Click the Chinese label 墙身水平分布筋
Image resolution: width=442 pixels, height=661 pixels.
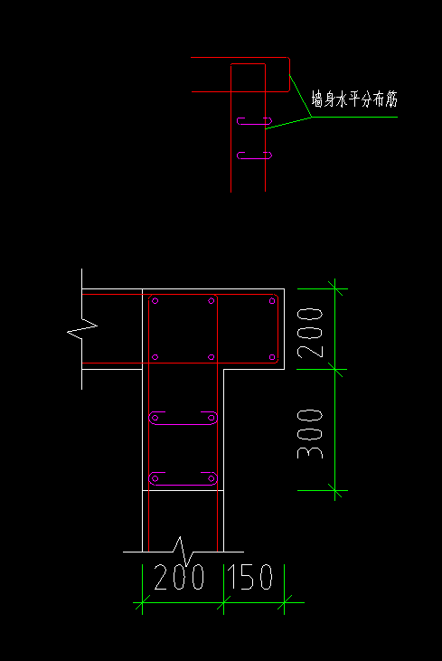(354, 99)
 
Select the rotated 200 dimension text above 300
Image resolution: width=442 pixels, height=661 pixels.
(310, 333)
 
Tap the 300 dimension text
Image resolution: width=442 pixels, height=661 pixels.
(310, 434)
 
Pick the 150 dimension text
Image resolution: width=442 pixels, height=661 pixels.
(249, 577)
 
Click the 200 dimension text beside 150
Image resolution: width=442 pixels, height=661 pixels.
(179, 577)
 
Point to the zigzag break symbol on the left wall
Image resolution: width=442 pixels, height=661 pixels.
(82, 329)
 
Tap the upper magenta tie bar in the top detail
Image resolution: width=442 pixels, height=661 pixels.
(254, 121)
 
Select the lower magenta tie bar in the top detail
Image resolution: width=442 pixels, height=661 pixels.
(254, 156)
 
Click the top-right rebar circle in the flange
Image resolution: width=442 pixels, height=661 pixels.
(272, 301)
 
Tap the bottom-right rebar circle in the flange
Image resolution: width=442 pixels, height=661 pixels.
(272, 357)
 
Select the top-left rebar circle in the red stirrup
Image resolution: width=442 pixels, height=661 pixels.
(155, 301)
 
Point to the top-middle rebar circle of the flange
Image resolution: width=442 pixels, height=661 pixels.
(212, 301)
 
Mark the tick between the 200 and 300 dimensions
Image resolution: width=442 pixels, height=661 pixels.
(335, 369)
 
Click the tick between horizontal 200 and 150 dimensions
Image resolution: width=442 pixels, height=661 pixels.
(223, 602)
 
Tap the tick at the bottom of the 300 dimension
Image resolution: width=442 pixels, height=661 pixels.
(335, 491)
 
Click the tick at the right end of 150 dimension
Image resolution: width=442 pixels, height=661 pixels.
(285, 602)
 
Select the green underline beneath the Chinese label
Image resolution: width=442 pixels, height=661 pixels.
(354, 117)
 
